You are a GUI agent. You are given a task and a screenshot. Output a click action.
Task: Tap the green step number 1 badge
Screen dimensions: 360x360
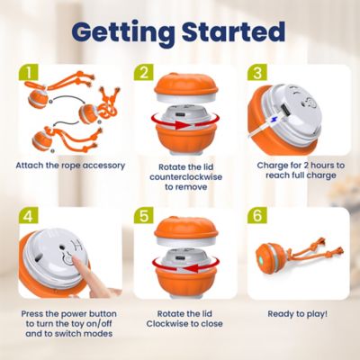tap(31, 71)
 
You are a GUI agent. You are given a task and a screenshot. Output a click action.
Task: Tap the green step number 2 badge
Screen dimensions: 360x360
tap(144, 71)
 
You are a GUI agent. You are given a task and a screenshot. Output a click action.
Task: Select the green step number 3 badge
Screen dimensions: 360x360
tap(257, 71)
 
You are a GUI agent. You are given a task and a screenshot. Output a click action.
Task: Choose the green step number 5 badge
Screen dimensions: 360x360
tap(144, 215)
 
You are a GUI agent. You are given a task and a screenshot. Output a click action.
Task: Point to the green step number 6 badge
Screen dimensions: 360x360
tap(257, 215)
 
